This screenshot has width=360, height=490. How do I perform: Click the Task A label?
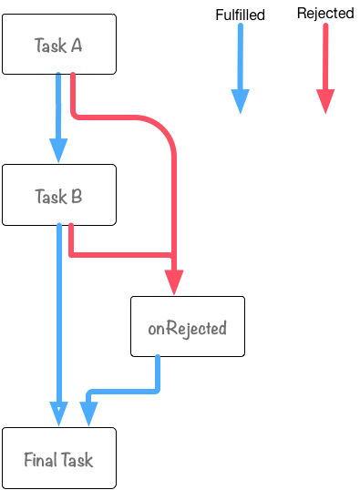58,46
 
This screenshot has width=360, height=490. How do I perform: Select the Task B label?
58,196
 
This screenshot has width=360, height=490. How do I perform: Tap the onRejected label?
187,329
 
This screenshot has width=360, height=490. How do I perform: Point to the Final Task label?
58,460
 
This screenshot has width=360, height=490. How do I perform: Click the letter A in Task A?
77,46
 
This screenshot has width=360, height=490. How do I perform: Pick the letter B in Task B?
77,196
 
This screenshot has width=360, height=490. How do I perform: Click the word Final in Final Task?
41,460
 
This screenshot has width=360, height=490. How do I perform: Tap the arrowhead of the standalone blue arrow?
240,102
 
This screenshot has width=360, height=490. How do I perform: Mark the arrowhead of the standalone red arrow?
325,102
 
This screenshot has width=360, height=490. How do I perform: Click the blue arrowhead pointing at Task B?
58,150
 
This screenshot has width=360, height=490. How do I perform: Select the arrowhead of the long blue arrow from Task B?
58,413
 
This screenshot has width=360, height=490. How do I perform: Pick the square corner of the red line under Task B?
72,254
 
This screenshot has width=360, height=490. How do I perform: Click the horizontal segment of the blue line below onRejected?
123,393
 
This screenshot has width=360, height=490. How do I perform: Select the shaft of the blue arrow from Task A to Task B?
58,105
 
